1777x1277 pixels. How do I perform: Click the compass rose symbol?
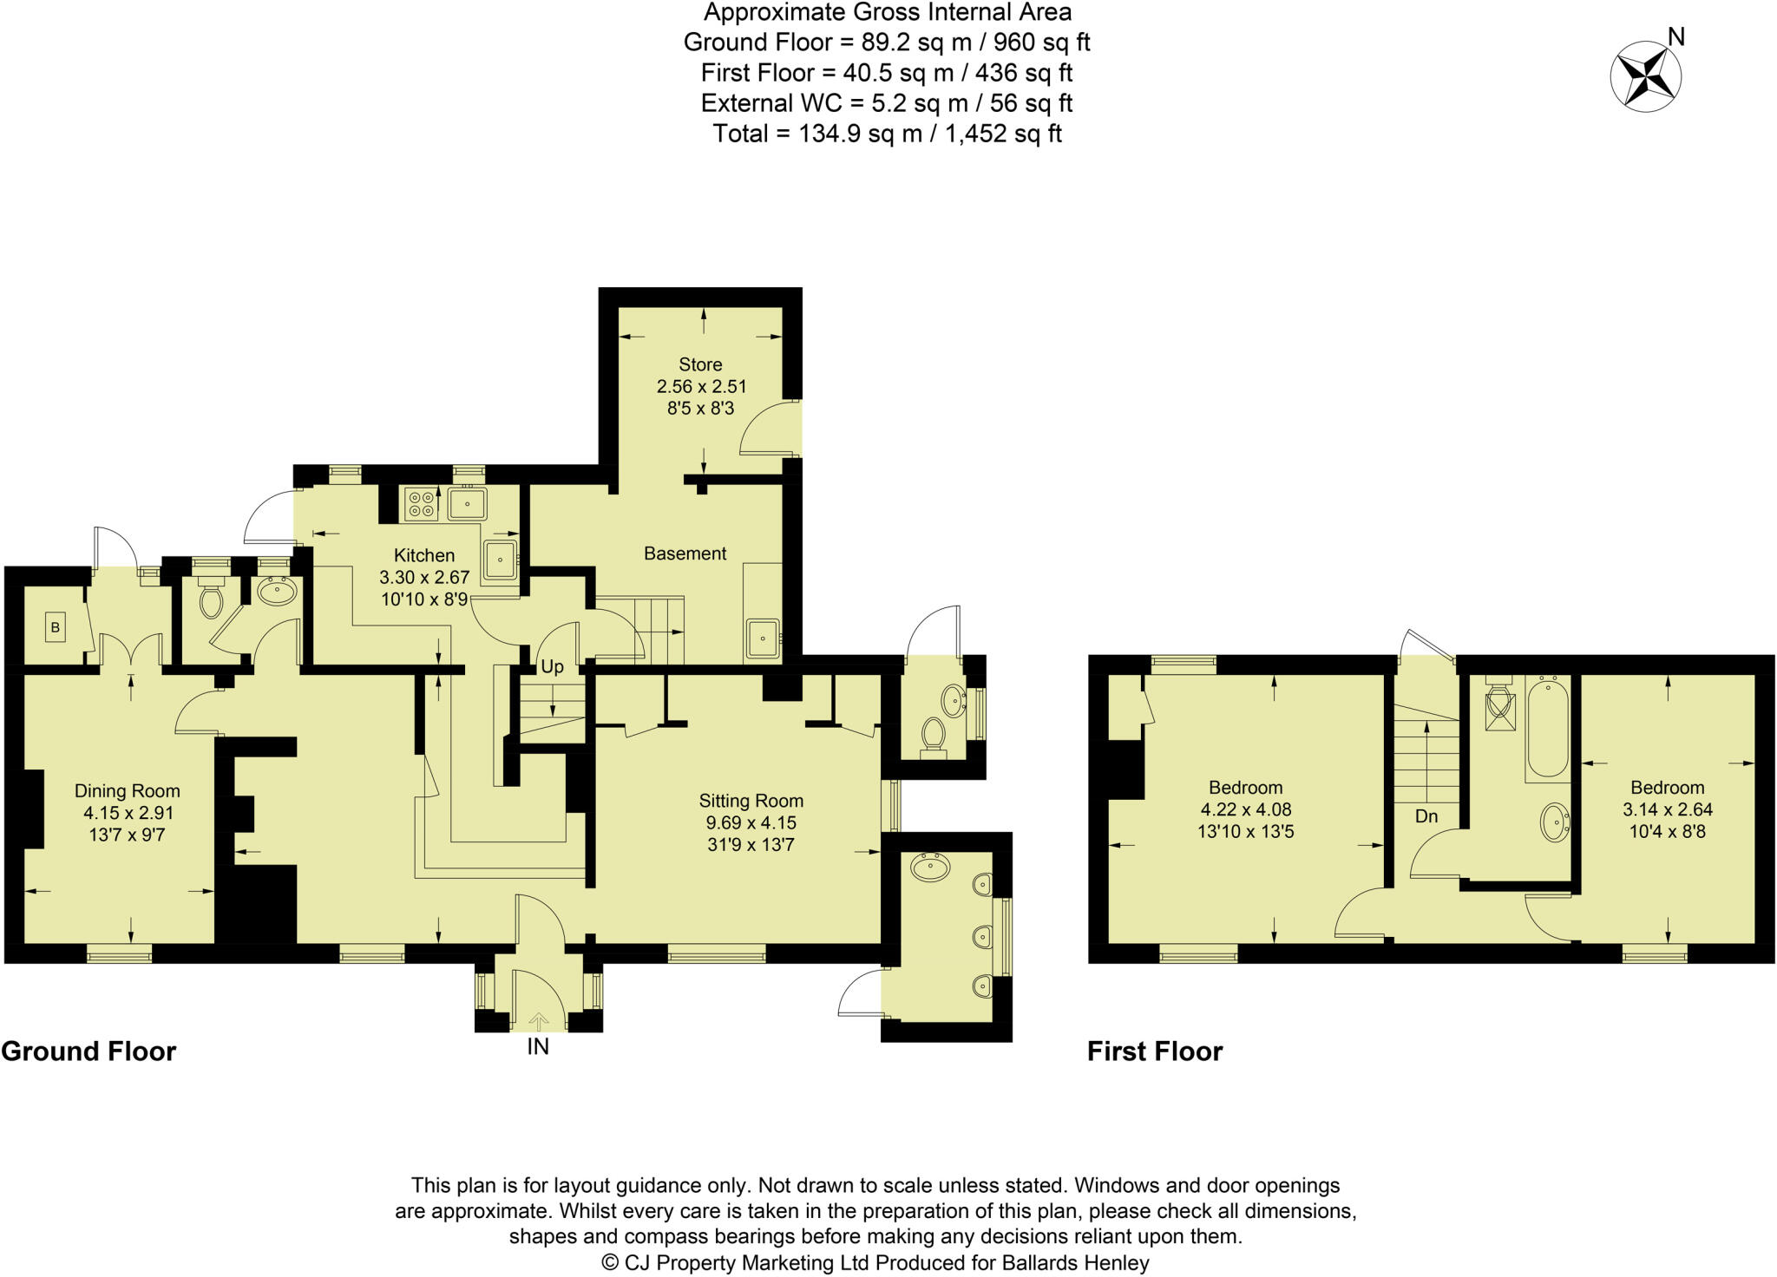point(1645,77)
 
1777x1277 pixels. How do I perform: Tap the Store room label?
point(700,364)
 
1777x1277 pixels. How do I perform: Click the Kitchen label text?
point(424,555)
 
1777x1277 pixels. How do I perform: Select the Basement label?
point(685,553)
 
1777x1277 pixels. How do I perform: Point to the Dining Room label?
point(128,791)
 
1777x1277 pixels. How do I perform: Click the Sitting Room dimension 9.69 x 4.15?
point(751,822)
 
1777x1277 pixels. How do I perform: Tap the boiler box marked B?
point(56,627)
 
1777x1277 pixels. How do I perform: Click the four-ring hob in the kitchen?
point(421,505)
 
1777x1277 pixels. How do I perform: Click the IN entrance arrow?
point(538,1020)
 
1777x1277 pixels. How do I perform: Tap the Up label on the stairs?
point(552,667)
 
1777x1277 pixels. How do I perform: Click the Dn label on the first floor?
point(1426,816)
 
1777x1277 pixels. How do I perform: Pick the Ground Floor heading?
point(89,1051)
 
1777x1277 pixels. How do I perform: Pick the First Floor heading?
point(1155,1051)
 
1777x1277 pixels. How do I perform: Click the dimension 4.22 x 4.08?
point(1246,809)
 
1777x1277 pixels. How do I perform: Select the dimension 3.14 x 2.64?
point(1668,809)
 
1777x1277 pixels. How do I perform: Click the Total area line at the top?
point(887,134)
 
